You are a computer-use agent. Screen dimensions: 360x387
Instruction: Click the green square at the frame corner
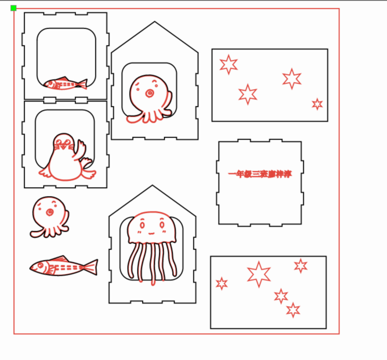13,8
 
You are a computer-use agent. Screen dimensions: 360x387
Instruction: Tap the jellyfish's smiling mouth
151,232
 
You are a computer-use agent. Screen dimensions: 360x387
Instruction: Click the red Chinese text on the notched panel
259,174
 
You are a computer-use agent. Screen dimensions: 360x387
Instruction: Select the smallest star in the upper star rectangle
317,104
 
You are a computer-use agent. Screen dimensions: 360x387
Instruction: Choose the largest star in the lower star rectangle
259,274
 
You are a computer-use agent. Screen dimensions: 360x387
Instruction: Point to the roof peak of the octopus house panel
154,22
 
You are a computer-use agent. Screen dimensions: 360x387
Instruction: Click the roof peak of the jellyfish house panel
152,186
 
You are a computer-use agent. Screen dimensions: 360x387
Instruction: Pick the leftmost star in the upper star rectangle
228,64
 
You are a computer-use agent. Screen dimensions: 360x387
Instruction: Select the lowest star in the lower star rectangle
293,310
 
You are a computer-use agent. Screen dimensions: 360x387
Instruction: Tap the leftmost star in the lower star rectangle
222,283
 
